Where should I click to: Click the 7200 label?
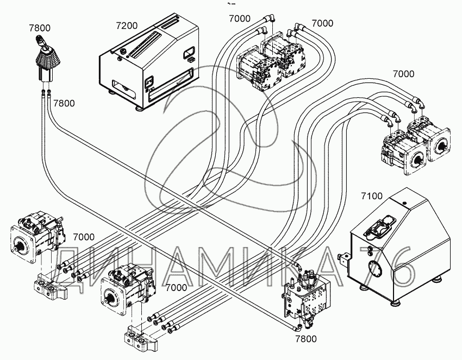point(127,26)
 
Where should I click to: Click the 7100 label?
point(371,196)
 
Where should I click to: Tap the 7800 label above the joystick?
point(41,29)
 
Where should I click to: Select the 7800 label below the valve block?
point(305,339)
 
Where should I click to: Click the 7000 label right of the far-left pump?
point(83,237)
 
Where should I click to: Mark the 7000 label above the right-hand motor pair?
point(403,74)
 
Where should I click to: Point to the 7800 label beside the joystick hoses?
point(65,103)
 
